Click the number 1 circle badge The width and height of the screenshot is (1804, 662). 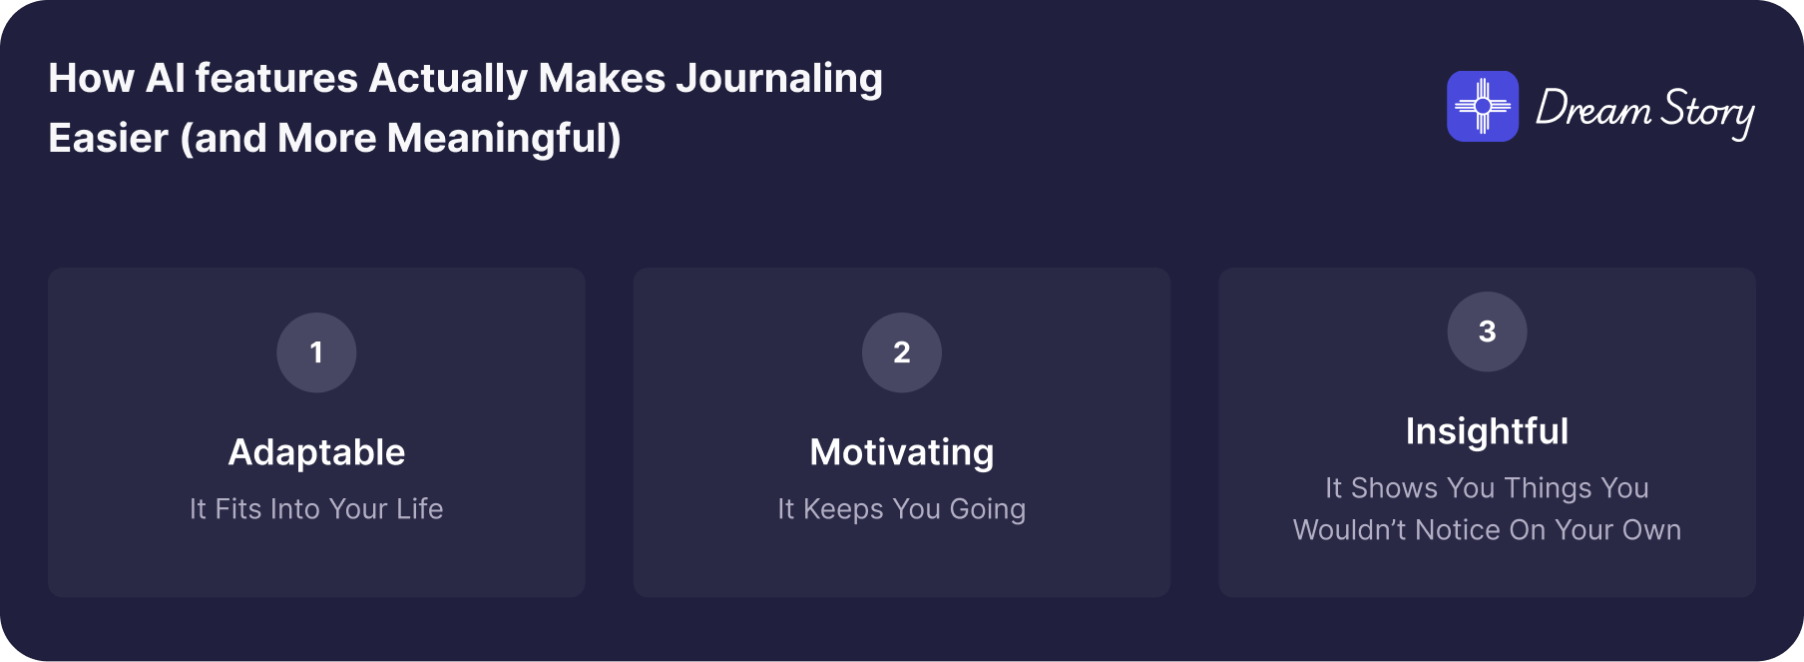[x=316, y=352]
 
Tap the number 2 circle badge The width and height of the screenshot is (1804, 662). [x=902, y=352]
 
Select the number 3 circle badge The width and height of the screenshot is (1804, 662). [x=1487, y=331]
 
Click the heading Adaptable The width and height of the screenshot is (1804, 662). [x=316, y=452]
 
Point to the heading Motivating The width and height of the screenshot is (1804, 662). [x=902, y=453]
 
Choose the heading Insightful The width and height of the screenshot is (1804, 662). [x=1487, y=431]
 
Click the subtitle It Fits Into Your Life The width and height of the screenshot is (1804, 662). [x=316, y=509]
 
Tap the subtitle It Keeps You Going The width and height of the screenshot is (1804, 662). [x=902, y=509]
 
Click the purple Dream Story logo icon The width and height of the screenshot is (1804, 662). [x=1483, y=106]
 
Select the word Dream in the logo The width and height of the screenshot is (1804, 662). [x=1592, y=108]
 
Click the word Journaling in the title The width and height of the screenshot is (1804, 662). [x=779, y=79]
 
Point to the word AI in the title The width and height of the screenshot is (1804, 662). [x=166, y=78]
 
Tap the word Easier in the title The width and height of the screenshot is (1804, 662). [x=108, y=138]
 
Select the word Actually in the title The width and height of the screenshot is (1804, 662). [x=448, y=79]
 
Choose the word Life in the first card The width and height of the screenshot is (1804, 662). [x=419, y=509]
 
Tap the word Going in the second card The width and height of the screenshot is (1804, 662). [x=988, y=510]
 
